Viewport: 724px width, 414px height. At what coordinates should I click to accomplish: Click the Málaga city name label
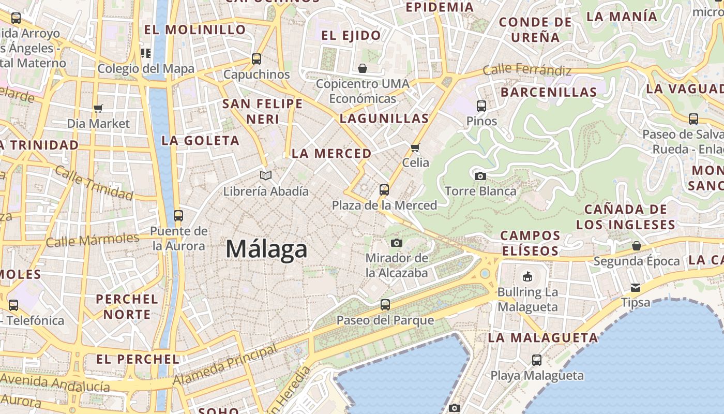pos(266,249)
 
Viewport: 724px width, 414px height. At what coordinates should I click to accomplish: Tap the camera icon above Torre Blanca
pos(480,176)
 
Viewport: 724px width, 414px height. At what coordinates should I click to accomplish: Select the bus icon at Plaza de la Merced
pos(384,190)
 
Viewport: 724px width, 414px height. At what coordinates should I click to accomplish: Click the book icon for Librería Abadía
pos(266,176)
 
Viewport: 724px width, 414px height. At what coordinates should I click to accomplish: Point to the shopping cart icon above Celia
pos(415,148)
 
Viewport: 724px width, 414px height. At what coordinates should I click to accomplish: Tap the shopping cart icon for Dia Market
pos(98,108)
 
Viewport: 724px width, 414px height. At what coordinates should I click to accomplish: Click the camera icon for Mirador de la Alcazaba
pos(397,243)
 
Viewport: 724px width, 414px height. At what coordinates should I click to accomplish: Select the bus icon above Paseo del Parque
pos(385,305)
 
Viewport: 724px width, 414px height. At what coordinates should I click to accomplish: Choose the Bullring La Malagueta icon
pos(527,276)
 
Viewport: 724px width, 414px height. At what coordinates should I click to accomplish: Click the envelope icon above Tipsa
pos(635,287)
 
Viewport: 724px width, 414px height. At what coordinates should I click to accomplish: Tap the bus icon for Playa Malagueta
pos(537,360)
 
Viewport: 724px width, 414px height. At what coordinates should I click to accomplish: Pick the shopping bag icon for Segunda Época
pos(636,246)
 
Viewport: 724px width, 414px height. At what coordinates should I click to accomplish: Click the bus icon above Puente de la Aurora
pos(178,215)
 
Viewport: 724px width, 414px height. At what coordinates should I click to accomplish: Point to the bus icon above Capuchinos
pos(257,59)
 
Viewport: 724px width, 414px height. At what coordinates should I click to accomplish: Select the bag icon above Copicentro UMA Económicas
pos(363,68)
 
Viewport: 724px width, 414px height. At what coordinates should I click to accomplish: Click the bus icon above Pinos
pos(481,106)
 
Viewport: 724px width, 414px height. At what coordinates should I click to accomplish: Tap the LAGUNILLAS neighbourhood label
pos(384,119)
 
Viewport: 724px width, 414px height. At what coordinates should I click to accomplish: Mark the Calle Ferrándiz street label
pos(527,70)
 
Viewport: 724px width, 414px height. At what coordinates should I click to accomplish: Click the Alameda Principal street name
pos(225,365)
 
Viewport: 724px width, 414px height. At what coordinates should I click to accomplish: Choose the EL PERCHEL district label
pos(138,359)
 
